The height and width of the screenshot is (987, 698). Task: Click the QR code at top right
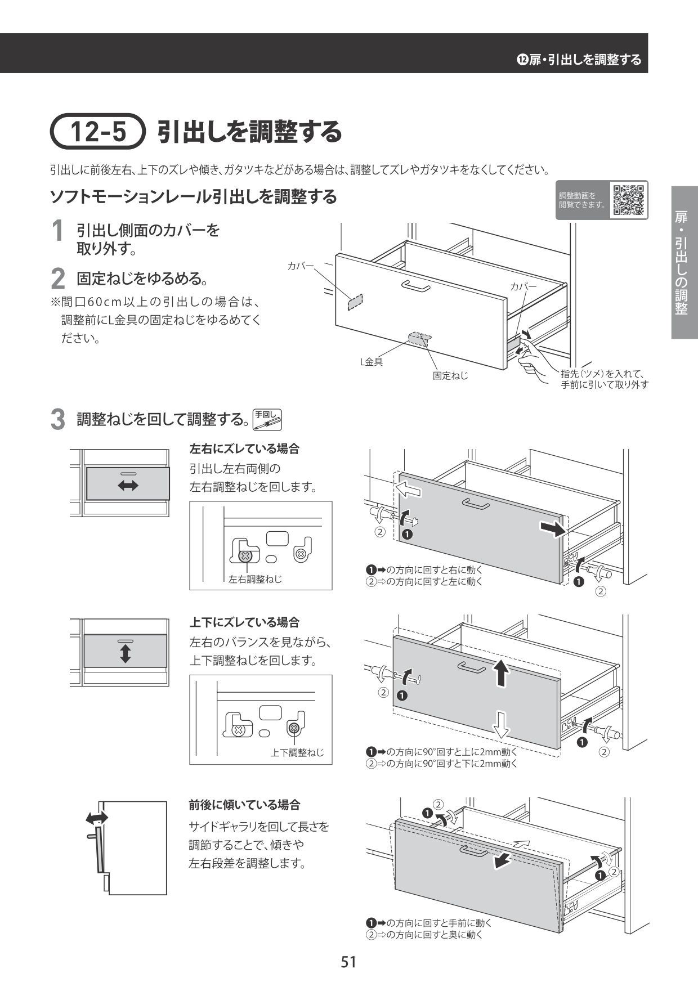coord(629,200)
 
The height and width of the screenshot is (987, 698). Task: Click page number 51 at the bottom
coord(348,962)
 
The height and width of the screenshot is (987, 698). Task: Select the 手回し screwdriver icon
coord(267,419)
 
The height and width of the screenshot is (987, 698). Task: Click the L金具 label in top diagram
coord(372,362)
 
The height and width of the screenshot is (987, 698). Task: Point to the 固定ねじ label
coord(450,375)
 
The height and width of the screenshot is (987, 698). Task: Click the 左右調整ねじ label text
coord(255,579)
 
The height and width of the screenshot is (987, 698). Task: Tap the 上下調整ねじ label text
coord(297,752)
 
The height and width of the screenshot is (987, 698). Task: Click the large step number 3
coord(57,420)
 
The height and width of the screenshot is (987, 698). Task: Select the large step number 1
coord(57,232)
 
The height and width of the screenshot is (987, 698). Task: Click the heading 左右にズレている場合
coord(244,449)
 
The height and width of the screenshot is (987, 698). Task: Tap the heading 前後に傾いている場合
coord(244,805)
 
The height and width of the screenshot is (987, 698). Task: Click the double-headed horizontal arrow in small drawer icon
coord(128,486)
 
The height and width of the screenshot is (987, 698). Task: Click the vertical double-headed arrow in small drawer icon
coord(125,653)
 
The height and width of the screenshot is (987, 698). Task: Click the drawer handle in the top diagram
coord(416,286)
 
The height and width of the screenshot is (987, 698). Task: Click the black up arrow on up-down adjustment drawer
coord(499,672)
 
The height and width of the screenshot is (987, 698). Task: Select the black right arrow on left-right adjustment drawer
coord(552,529)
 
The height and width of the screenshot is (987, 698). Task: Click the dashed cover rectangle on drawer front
coord(355,302)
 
